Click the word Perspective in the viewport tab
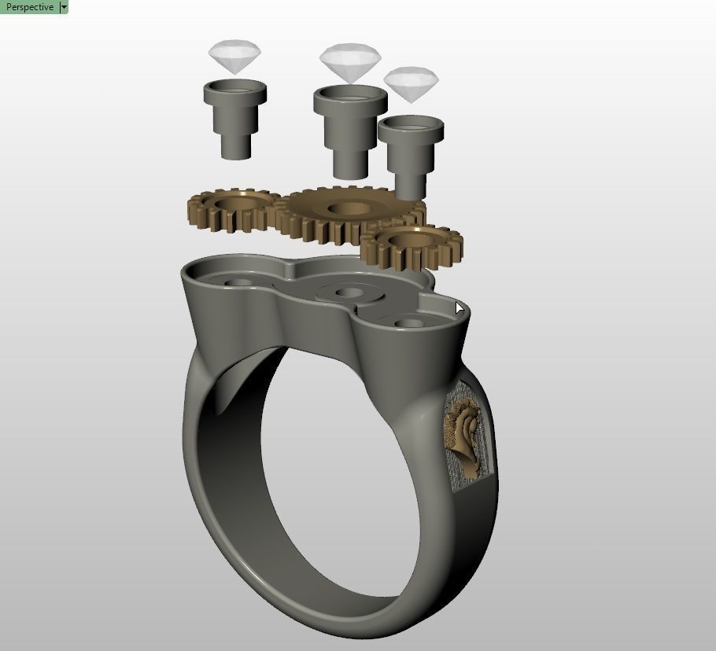pos(29,7)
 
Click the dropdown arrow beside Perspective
pos(64,7)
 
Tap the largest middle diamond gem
pos(350,62)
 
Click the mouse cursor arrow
pos(459,307)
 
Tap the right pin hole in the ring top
pos(406,322)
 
